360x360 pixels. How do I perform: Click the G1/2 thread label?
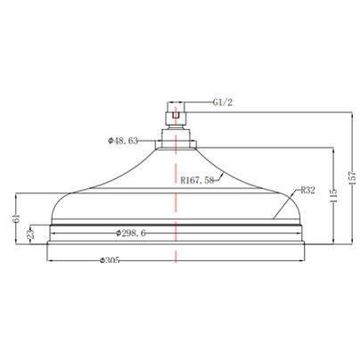coord(223,102)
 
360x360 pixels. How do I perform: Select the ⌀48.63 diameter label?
coord(123,141)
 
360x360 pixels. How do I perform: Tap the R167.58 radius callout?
coord(197,180)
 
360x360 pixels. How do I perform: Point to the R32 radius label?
coord(307,190)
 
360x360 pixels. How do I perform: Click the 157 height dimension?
coord(352,178)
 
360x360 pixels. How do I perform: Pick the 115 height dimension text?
coord(334,195)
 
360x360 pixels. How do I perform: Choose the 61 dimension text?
coord(16,218)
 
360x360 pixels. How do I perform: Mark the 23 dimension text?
coord(31,233)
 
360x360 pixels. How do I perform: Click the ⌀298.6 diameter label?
coord(131,233)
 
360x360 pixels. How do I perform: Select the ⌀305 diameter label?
coord(110,260)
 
